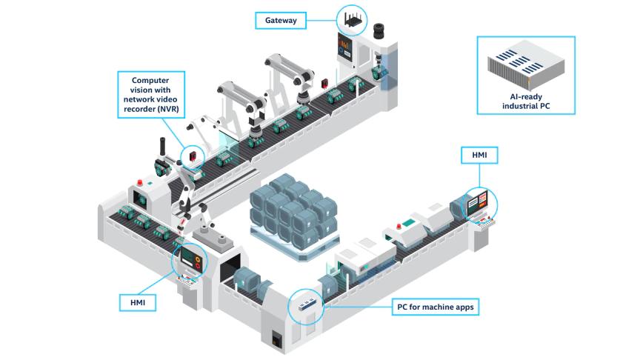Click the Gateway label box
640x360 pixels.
[x=281, y=20]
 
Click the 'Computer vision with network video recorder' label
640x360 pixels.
[x=152, y=96]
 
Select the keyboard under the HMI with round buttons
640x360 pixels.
[x=187, y=281]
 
